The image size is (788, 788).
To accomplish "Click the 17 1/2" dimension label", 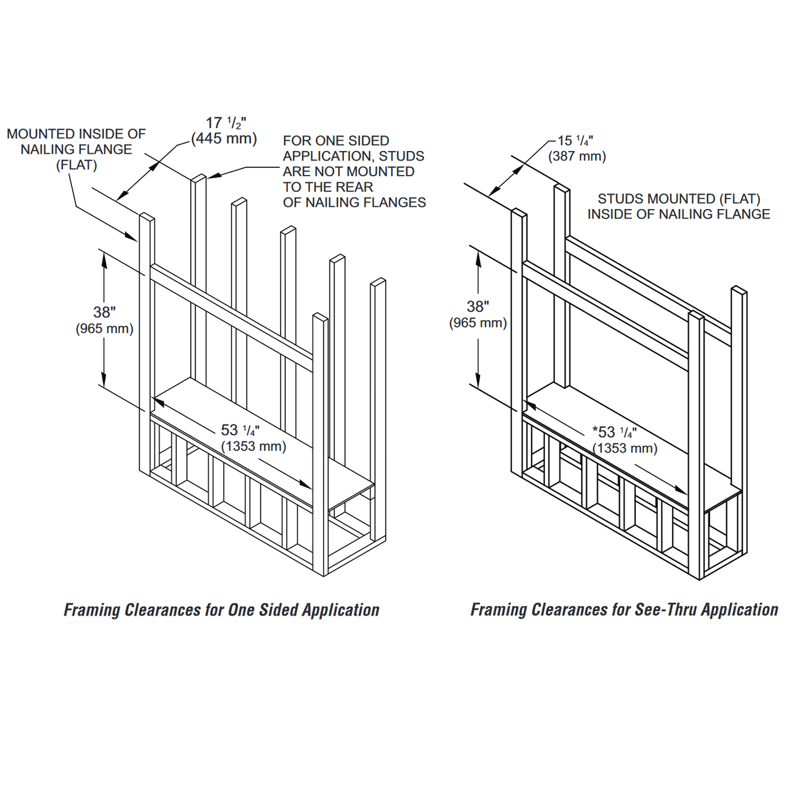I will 226,123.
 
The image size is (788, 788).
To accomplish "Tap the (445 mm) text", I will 224,139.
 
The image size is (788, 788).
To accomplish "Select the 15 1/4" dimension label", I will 575,141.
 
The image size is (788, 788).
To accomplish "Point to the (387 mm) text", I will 577,157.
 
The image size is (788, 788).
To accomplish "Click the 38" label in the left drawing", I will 104,312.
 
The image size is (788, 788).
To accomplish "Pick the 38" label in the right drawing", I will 478,306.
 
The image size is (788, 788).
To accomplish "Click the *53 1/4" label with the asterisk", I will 614,432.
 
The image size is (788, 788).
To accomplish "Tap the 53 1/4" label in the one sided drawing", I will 240,430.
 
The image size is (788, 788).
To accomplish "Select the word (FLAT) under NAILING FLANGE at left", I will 76,165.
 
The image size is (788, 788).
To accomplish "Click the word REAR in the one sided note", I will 354,187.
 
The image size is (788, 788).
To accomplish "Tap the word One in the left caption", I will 241,610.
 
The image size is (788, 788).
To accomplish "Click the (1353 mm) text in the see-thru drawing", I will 624,449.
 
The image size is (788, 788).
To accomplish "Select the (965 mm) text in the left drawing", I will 104,329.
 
